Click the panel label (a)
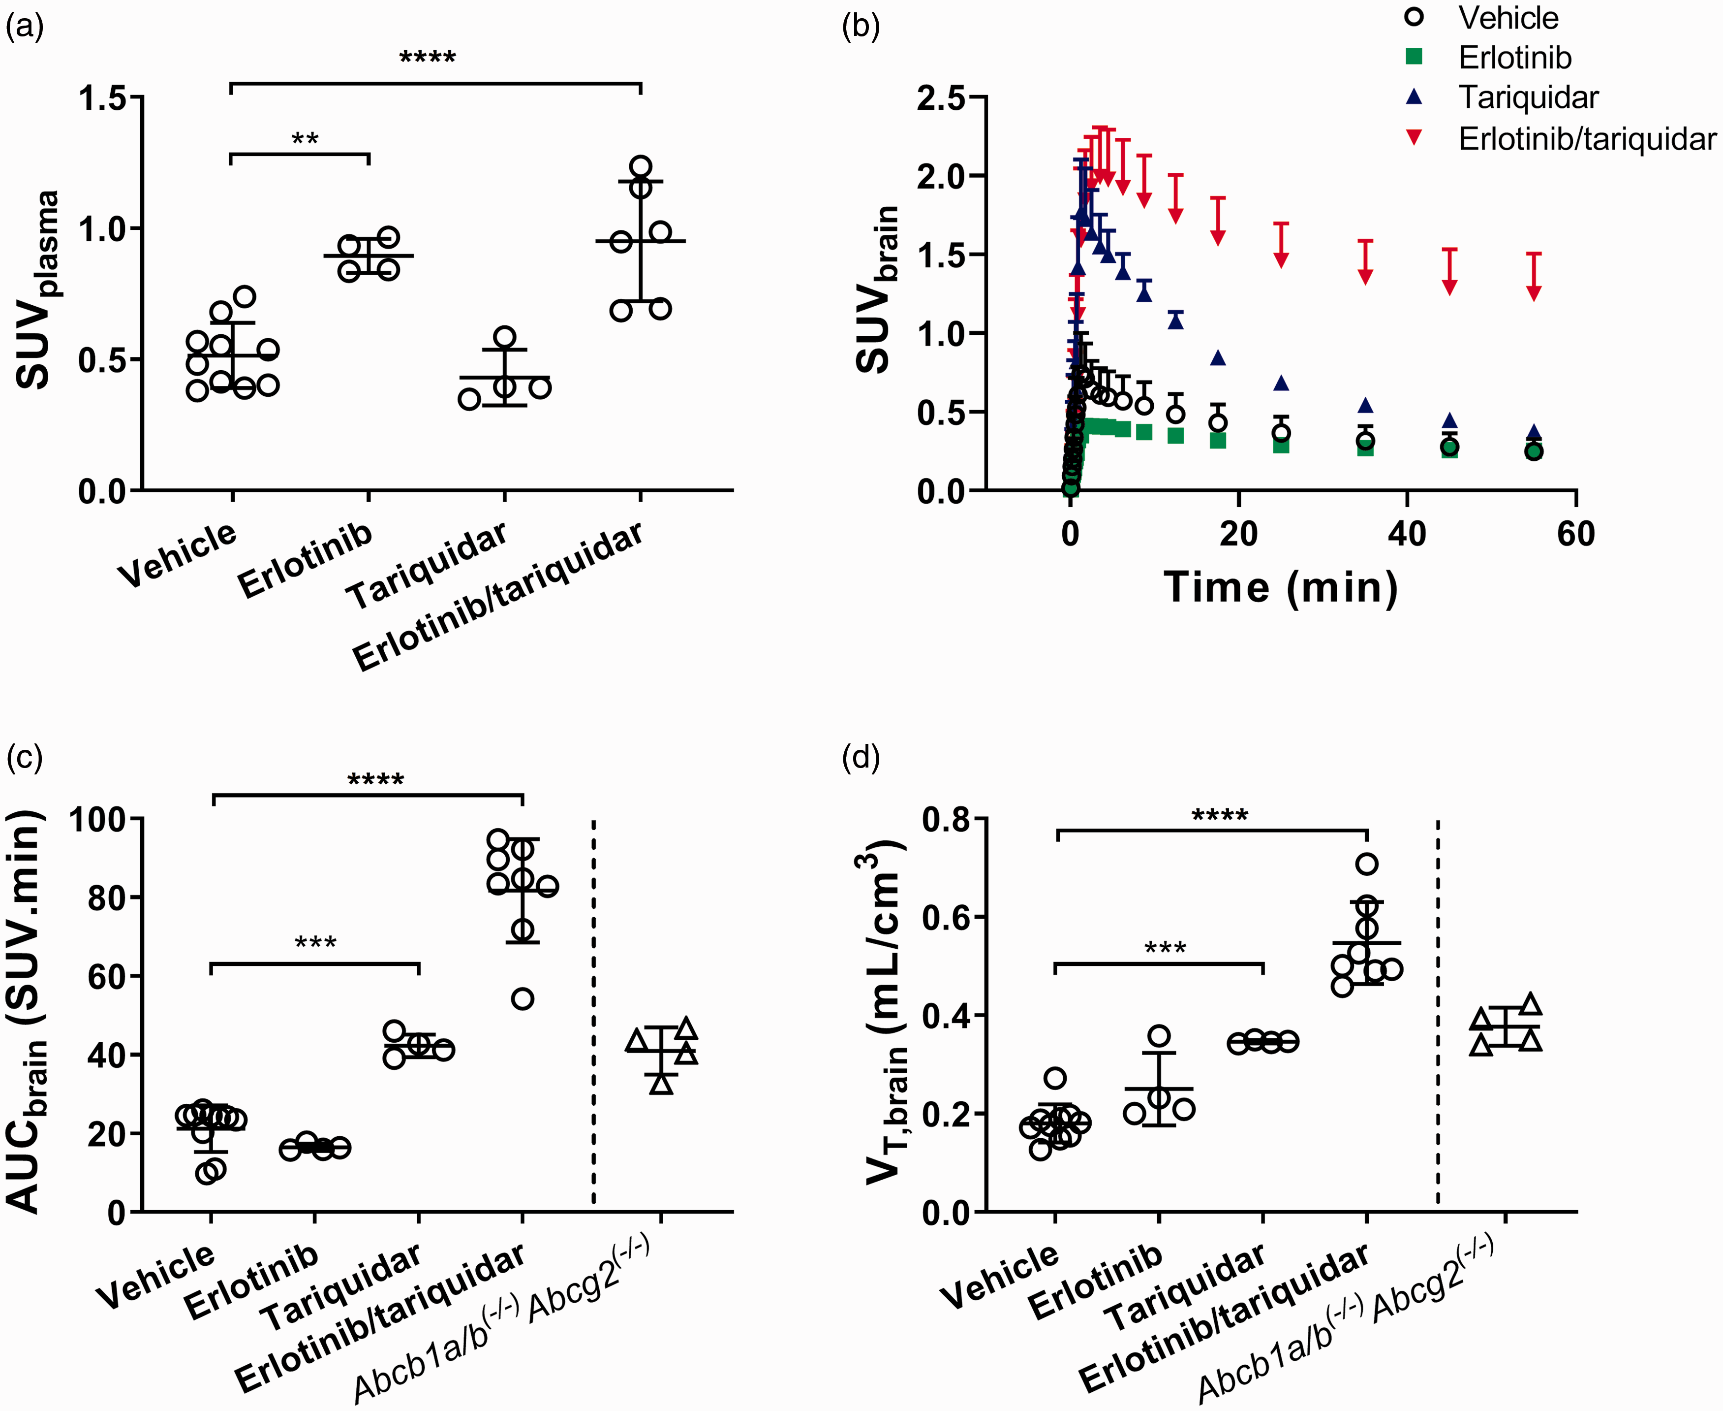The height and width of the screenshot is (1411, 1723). tap(25, 27)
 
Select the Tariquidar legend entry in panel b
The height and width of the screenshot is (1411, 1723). tap(1528, 97)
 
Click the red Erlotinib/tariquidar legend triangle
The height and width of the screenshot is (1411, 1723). tap(1415, 138)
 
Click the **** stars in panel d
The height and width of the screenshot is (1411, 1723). tap(1219, 814)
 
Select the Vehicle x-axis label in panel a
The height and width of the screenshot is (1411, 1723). tap(178, 555)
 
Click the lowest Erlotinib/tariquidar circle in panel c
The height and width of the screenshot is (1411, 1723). tap(523, 998)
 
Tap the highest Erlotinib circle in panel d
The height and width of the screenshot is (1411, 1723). tap(1159, 1035)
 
